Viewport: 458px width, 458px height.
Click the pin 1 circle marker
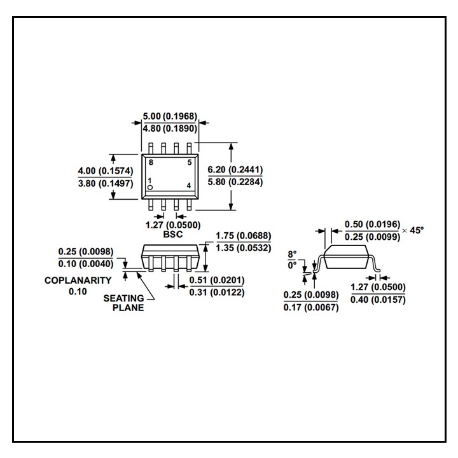pos(151,187)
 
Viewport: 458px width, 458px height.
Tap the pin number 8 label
pos(151,163)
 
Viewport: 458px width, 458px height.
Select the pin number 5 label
pos(189,163)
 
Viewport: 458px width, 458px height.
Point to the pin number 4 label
pos(189,186)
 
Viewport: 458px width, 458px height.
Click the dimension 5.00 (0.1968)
pos(170,116)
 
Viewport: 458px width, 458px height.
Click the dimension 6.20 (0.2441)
pos(235,170)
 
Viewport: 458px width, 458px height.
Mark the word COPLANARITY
pos(78,280)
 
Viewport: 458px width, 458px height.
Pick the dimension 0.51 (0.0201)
pos(217,280)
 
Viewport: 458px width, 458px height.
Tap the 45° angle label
pos(416,230)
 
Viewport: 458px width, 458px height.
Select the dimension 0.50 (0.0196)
pos(372,225)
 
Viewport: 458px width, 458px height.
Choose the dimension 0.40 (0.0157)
pos(378,300)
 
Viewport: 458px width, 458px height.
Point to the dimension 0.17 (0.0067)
pos(311,307)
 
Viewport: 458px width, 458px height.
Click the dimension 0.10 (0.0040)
pos(86,263)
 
